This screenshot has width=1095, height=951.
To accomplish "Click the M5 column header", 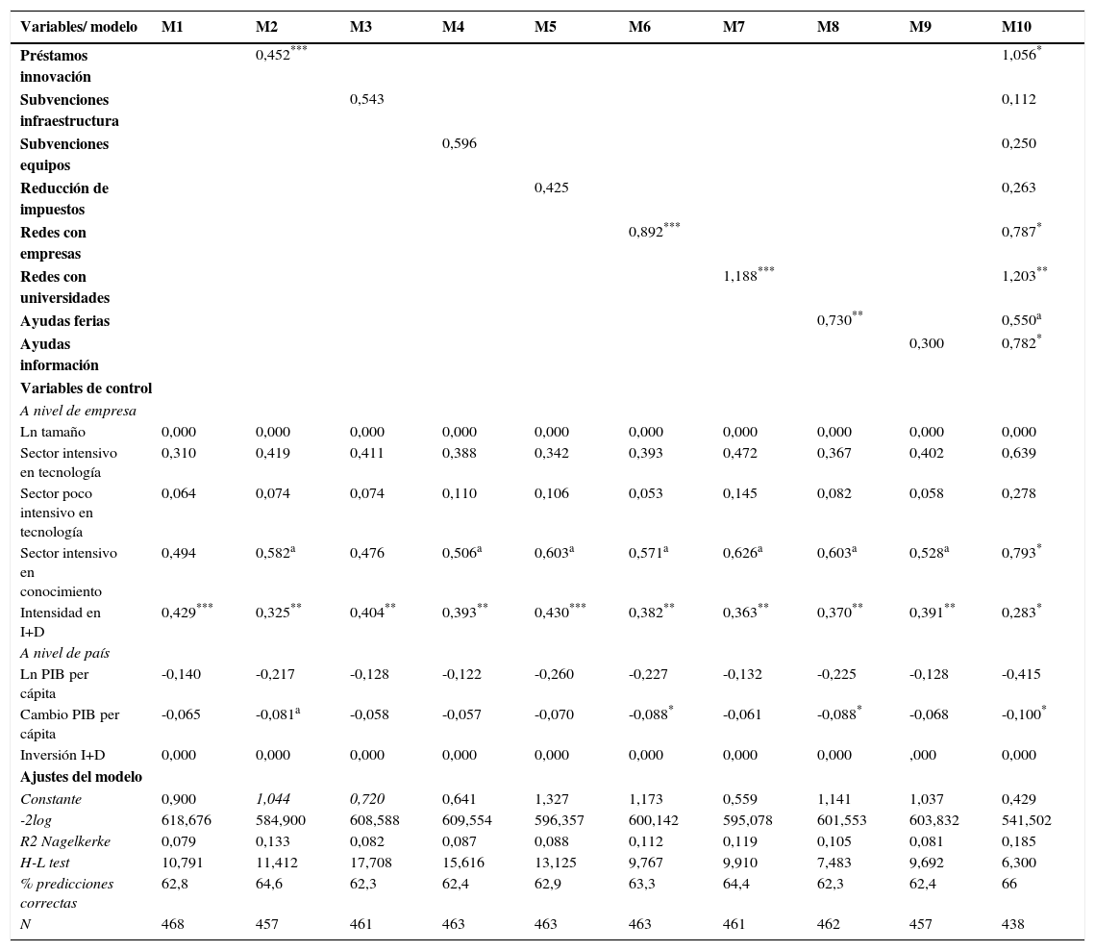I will (545, 27).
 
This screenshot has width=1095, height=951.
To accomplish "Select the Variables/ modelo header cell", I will (79, 27).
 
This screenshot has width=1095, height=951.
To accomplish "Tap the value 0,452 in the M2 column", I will (273, 55).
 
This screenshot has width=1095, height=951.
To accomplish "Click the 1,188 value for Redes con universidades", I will (740, 277).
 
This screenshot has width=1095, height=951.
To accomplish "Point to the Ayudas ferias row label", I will (64, 321).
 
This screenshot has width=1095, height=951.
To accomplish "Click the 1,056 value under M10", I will (1018, 55).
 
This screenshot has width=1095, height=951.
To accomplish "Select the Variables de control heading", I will (86, 388).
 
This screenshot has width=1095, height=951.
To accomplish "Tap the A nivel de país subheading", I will (64, 653).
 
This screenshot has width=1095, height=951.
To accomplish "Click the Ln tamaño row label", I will (52, 432).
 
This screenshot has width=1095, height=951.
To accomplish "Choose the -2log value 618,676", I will (187, 820).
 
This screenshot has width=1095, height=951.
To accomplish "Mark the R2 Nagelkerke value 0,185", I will (1018, 841).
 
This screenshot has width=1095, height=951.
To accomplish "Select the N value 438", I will (1012, 924).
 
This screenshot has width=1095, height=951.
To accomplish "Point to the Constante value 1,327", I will (551, 799).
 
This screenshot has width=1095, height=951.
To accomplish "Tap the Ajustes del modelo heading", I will (81, 776).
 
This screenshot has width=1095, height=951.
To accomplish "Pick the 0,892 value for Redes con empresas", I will (646, 233).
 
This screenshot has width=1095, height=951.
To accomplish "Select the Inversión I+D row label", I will (62, 755).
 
